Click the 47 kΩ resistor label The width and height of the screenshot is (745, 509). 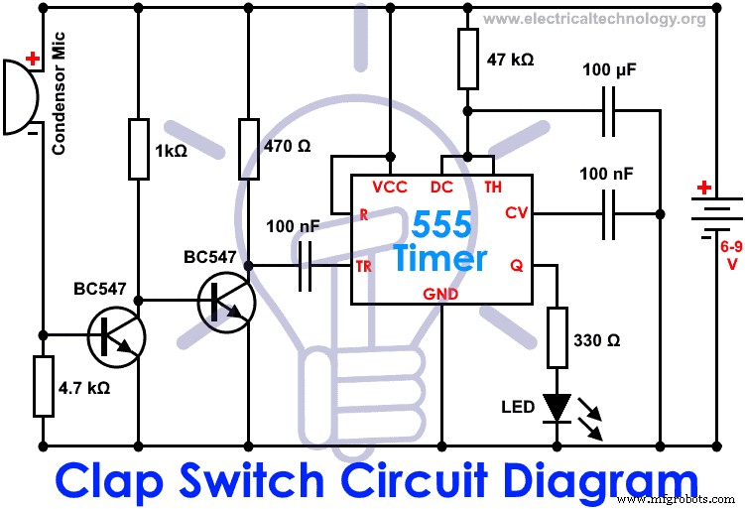(511, 60)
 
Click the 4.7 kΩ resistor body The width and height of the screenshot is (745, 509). (43, 386)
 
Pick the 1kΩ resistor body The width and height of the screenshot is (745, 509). (139, 150)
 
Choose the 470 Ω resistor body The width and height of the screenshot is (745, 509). (250, 150)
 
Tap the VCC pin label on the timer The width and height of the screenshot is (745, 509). (390, 187)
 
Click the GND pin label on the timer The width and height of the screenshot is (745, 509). (442, 292)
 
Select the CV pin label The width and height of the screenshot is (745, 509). (517, 212)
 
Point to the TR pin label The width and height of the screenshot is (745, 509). (364, 267)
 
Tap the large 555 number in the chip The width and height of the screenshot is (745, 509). (442, 226)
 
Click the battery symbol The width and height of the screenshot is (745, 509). (715, 214)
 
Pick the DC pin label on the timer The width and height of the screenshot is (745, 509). (441, 187)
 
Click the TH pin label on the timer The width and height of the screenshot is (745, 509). (493, 187)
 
